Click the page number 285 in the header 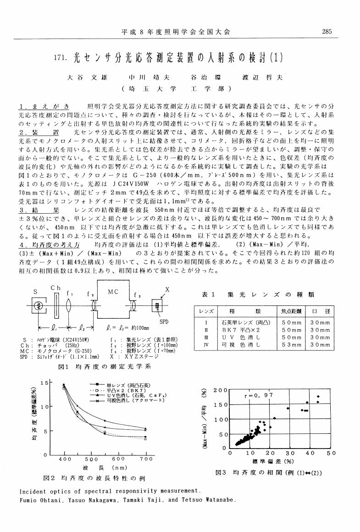point(327,32)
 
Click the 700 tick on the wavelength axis point(146,459)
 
